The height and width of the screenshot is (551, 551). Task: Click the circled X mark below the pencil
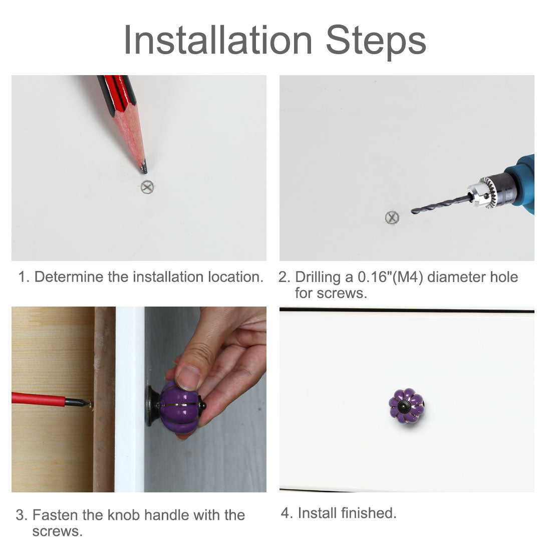tap(148, 187)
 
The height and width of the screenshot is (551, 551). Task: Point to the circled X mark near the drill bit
tap(392, 217)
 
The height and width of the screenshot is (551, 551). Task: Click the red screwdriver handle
tap(38, 399)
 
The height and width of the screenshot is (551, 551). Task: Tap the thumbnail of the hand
tap(188, 378)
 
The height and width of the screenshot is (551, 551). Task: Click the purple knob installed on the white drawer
tap(406, 406)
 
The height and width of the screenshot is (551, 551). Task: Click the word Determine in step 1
tap(70, 277)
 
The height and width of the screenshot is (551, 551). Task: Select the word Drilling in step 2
tap(318, 278)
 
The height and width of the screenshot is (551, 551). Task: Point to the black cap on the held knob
tap(202, 406)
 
